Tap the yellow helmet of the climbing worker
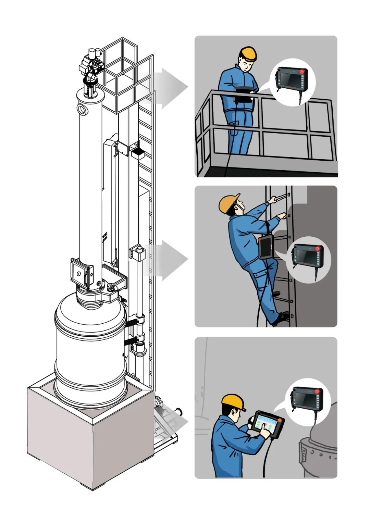pos(229,204)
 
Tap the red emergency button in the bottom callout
pos(317,391)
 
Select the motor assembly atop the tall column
pos(91,65)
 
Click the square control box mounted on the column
pos(81,272)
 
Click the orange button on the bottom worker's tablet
pos(280,420)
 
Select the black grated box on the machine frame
pos(138,152)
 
